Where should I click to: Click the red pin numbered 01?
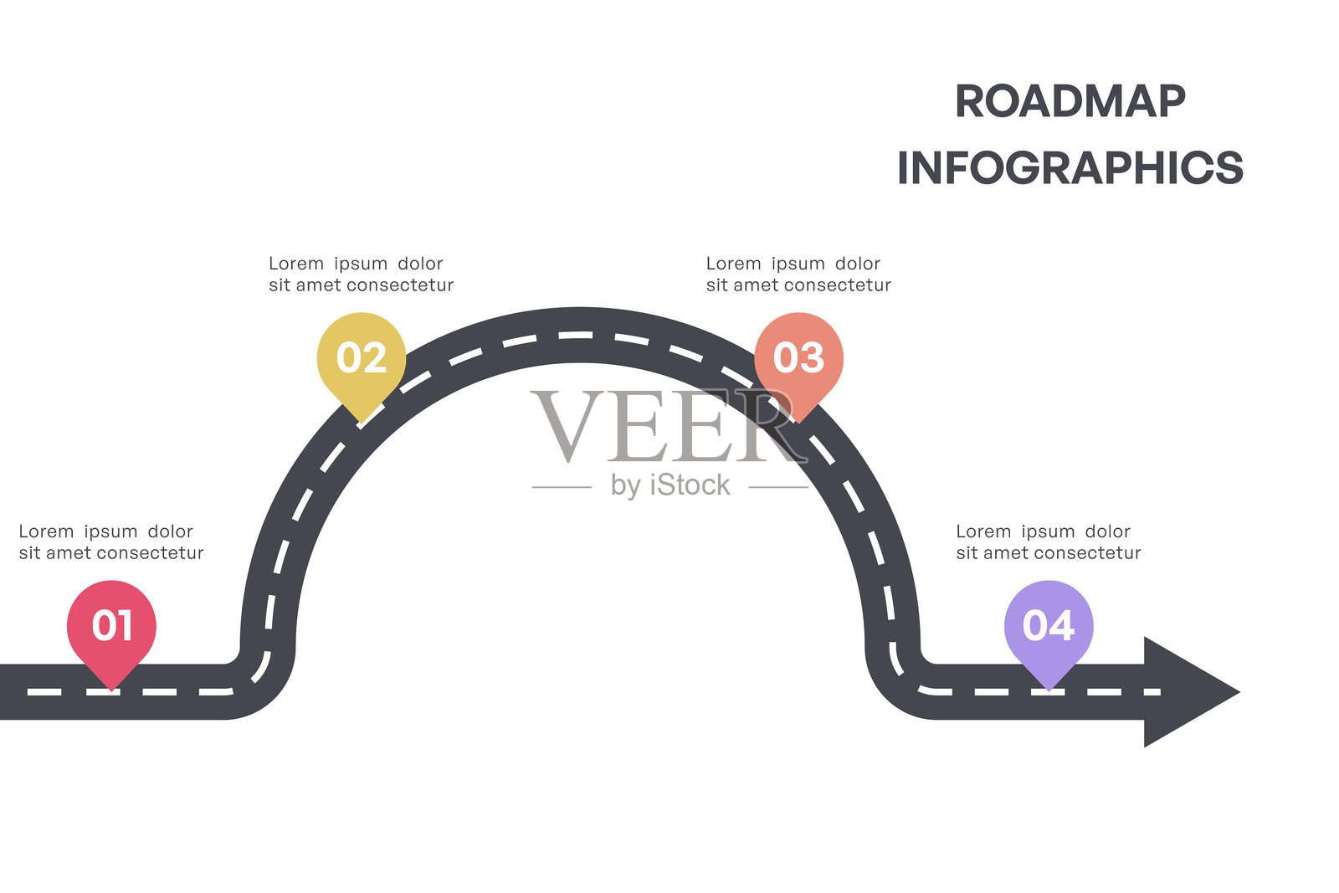click(x=111, y=625)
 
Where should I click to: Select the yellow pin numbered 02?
click(x=362, y=358)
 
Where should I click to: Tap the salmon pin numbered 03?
click(x=798, y=358)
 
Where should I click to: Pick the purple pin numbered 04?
click(x=1049, y=625)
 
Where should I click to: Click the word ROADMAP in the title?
click(x=1070, y=102)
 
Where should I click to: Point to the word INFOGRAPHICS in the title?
click(x=1070, y=168)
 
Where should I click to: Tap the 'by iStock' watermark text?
click(x=670, y=485)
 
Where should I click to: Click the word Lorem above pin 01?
click(x=46, y=531)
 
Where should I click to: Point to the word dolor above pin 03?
click(x=858, y=264)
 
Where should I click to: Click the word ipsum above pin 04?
click(x=1048, y=531)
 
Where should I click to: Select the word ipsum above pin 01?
click(x=110, y=531)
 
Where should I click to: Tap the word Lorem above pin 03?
click(x=734, y=264)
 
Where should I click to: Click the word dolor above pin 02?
click(x=420, y=264)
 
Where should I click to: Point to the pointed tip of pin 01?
click(x=111, y=688)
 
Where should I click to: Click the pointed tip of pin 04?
click(x=1049, y=688)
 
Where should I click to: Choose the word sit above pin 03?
click(x=716, y=285)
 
